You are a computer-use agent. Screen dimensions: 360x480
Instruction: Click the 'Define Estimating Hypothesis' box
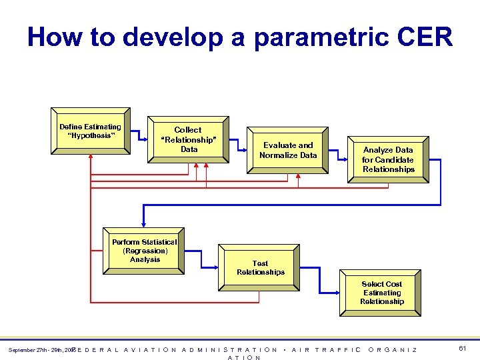click(90, 131)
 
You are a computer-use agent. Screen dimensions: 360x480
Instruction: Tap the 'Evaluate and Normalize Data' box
click(288, 151)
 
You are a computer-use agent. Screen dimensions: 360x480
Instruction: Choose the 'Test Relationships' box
click(261, 267)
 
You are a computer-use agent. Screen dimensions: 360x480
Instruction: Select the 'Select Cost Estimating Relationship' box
click(381, 293)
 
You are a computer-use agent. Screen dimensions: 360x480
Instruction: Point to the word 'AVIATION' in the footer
click(151, 350)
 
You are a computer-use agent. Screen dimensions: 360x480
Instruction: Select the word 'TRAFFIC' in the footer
click(338, 350)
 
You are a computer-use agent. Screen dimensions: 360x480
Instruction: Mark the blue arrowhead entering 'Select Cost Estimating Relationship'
click(337, 293)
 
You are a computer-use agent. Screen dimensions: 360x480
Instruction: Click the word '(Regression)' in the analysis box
click(145, 251)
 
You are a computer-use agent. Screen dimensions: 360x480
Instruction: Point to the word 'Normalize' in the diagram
click(279, 155)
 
